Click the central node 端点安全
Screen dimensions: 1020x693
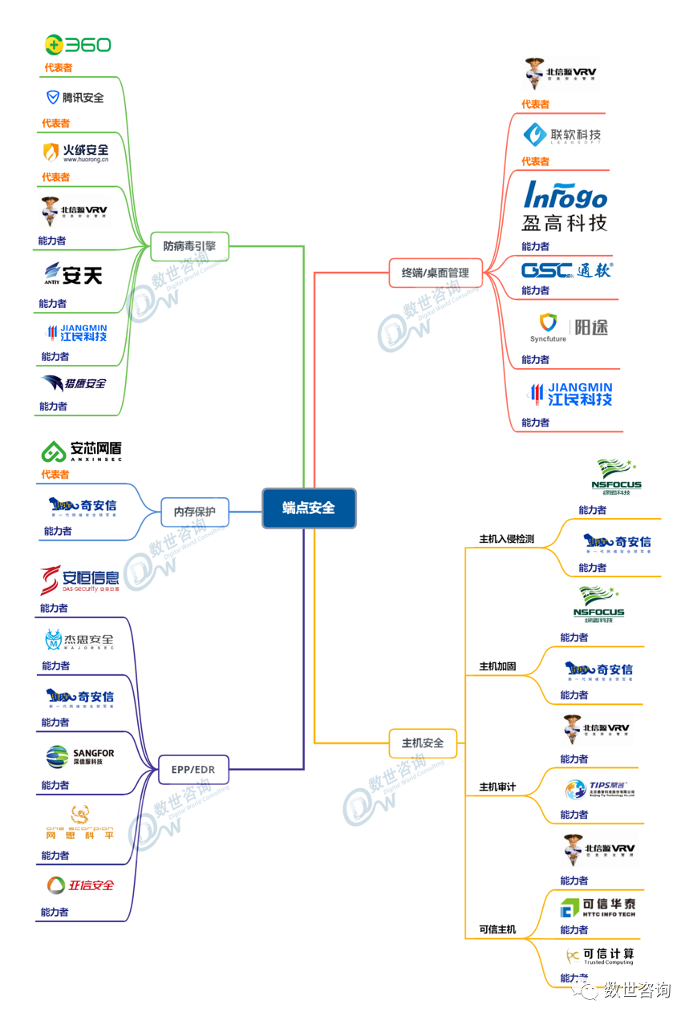(308, 508)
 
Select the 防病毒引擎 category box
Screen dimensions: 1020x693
(189, 246)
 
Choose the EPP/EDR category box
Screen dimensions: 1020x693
(192, 769)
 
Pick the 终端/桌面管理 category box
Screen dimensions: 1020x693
(435, 273)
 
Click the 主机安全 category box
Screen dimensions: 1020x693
(423, 743)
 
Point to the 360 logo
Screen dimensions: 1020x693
(78, 45)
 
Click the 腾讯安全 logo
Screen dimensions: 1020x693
(75, 98)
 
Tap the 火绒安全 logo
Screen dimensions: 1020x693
(75, 152)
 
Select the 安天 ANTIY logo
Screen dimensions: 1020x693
(73, 275)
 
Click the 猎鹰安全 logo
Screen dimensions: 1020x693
(74, 383)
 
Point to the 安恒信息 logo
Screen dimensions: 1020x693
(80, 579)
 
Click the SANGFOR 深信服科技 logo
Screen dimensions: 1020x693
(80, 756)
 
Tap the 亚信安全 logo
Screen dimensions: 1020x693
(80, 885)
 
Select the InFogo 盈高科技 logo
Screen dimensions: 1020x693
(565, 206)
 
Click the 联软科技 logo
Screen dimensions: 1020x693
(562, 135)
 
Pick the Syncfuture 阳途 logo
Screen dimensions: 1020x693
(569, 327)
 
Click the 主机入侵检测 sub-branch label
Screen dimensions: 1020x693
(506, 539)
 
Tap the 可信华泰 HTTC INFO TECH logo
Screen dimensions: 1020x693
(598, 907)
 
